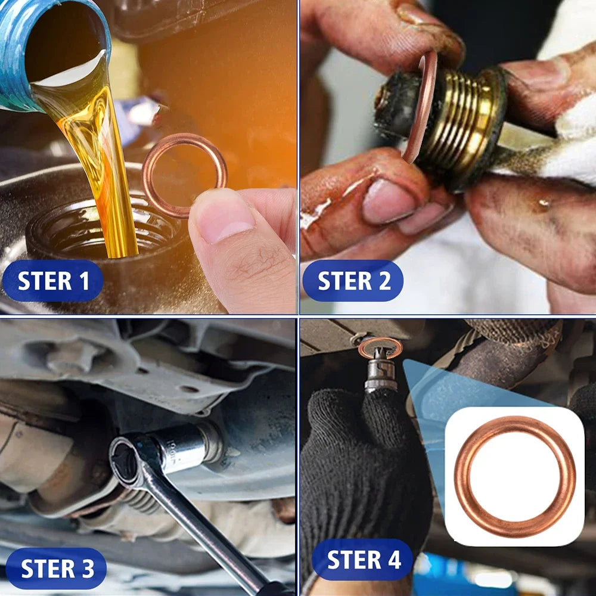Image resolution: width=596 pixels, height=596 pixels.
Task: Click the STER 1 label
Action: pyautogui.click(x=53, y=281)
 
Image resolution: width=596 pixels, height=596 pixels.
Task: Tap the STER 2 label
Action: pyautogui.click(x=353, y=281)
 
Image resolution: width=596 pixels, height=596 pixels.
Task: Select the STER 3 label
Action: pyautogui.click(x=57, y=569)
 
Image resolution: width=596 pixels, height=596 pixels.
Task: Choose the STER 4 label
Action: pyautogui.click(x=363, y=560)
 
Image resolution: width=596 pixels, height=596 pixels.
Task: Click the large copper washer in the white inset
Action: pyautogui.click(x=514, y=476)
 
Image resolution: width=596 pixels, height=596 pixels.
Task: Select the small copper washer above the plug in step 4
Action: pyautogui.click(x=380, y=347)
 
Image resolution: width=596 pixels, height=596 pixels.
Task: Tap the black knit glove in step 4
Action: pyautogui.click(x=358, y=465)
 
